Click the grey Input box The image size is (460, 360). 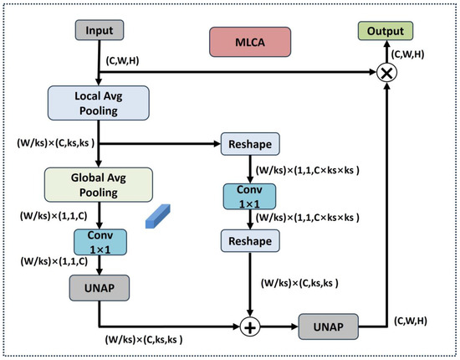100,30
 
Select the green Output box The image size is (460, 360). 386,31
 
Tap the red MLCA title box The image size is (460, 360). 250,42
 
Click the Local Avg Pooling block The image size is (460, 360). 99,103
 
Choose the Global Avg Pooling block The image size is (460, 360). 99,185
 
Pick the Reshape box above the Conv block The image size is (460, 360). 250,144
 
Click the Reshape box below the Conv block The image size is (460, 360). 250,241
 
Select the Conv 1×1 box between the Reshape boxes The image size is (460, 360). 249,197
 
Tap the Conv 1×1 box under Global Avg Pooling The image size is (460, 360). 100,242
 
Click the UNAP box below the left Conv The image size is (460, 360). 100,288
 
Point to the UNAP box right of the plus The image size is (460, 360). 329,327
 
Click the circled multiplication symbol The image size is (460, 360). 386,72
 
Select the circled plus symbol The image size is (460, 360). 250,327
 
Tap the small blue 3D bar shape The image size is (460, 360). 158,216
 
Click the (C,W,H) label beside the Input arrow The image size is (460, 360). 122,61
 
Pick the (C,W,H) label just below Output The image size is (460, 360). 407,54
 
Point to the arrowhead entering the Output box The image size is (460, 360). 386,44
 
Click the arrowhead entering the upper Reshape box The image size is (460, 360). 217,144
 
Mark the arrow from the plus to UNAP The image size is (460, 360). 279,327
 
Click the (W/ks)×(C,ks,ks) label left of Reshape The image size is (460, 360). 55,143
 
